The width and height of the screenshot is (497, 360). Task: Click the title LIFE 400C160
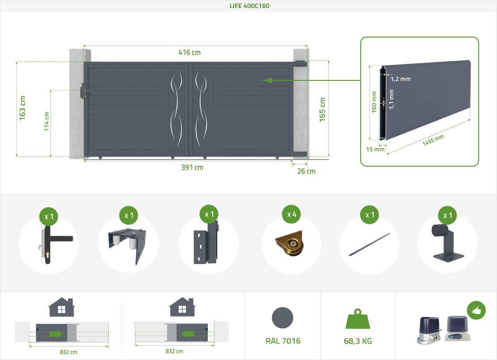tap(249, 6)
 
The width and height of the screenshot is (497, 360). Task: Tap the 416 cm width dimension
tap(190, 52)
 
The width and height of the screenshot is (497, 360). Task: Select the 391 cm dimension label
tap(192, 167)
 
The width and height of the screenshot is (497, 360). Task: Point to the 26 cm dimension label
tap(306, 171)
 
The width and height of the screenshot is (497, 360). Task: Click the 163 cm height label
tap(22, 108)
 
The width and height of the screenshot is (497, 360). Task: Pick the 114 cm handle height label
tap(46, 121)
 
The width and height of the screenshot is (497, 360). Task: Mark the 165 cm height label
tap(322, 109)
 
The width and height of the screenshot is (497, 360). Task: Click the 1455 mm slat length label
tap(433, 140)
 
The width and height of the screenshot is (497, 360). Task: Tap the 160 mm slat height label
tap(374, 102)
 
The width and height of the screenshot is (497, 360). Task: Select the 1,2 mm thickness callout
tap(400, 79)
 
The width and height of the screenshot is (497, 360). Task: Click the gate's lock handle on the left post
tap(84, 91)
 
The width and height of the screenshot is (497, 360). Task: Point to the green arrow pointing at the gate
tap(311, 80)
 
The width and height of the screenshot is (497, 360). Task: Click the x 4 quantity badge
tap(291, 214)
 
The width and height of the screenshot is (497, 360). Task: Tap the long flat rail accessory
tap(369, 244)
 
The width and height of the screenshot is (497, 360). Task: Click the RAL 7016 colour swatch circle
tap(282, 318)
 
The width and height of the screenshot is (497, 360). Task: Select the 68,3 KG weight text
tap(358, 341)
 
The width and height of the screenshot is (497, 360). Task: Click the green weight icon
tap(358, 319)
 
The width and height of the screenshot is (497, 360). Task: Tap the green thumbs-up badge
tap(476, 310)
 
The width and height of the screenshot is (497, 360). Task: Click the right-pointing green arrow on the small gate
tap(56, 334)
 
